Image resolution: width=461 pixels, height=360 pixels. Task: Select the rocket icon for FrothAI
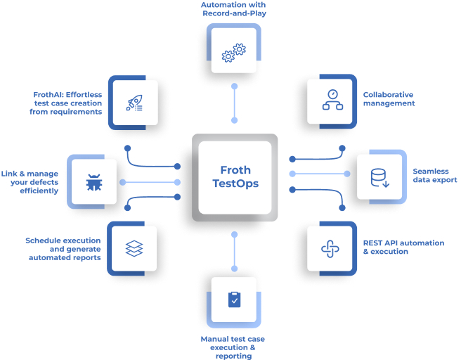tap(132, 103)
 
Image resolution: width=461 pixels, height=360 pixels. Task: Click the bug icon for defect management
tap(93, 182)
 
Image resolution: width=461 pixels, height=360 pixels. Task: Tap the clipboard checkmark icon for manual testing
tap(234, 300)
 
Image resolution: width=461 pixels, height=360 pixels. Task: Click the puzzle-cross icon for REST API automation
tap(330, 248)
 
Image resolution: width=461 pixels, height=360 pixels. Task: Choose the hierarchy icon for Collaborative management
tap(331, 100)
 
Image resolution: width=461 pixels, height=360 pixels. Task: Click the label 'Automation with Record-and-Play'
tap(234, 10)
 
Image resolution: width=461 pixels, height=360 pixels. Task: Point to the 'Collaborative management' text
tap(389, 99)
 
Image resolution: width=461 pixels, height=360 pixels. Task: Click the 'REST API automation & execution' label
tap(403, 247)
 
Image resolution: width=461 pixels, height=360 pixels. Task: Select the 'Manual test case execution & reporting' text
tap(233, 347)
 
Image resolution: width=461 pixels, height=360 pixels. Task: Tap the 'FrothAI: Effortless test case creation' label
tap(67, 103)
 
